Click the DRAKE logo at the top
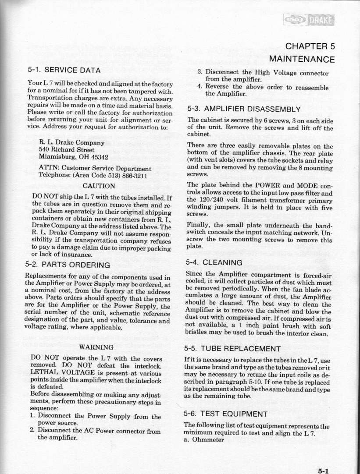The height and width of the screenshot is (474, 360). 309,19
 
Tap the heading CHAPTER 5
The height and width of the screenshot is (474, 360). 310,46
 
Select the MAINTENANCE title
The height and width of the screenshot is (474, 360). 302,59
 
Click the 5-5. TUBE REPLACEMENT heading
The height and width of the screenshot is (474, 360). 234,349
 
